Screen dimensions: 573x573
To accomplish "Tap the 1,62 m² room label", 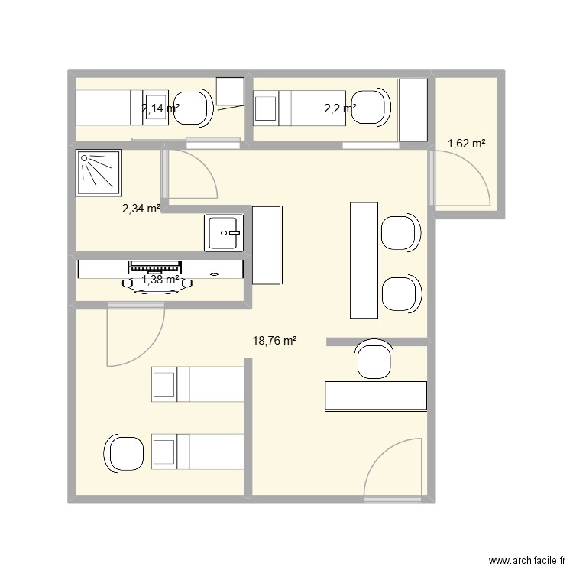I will click(x=467, y=143).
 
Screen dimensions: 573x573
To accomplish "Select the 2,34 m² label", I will click(x=141, y=207).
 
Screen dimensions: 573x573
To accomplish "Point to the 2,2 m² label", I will click(x=340, y=108).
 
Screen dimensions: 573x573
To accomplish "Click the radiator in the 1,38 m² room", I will click(x=155, y=267).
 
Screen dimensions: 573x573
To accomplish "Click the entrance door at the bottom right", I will click(x=393, y=471).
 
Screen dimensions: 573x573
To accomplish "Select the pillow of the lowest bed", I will click(x=165, y=452).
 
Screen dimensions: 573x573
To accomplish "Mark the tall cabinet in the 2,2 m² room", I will click(x=413, y=109).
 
